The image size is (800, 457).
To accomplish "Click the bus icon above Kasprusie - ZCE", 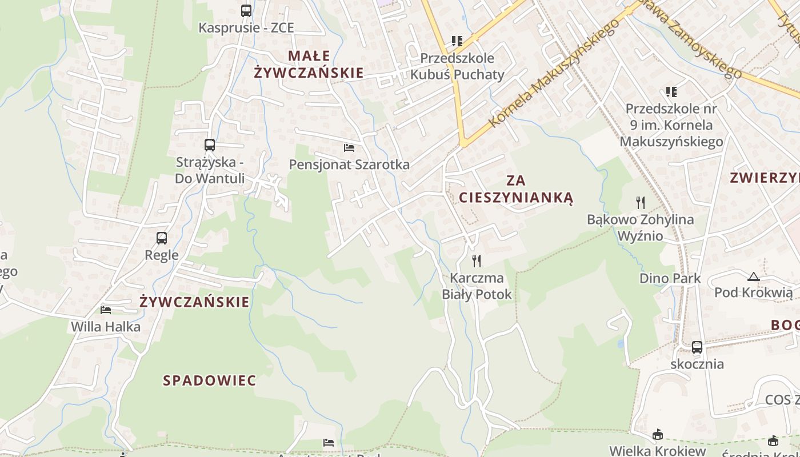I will click(x=246, y=10).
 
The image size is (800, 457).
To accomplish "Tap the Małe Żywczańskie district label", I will click(x=309, y=64).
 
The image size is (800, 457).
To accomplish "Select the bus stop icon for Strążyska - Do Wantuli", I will click(x=210, y=145).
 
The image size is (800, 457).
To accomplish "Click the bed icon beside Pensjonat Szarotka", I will click(x=349, y=148).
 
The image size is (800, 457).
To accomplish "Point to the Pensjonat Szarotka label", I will click(x=349, y=165).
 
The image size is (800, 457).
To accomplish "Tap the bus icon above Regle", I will click(x=162, y=238).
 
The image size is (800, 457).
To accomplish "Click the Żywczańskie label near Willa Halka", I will click(x=194, y=302).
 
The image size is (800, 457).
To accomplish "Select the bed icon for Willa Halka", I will click(x=106, y=310).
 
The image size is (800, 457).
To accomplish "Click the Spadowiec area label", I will click(x=210, y=380).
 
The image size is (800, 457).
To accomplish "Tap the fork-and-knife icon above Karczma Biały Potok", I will click(x=477, y=260).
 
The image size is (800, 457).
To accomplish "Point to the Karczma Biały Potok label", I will click(x=477, y=286).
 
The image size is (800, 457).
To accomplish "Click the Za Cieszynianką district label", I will click(x=516, y=189).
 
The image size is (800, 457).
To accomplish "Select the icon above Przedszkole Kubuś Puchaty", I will click(x=457, y=41).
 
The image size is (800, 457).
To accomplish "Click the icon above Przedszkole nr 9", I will click(x=671, y=91).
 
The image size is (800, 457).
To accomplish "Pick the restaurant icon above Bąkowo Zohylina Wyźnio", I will click(x=641, y=202).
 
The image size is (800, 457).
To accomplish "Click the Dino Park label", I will click(x=670, y=278).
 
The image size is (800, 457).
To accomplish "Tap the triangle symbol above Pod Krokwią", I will click(x=754, y=276).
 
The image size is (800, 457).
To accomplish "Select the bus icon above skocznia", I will click(x=697, y=347).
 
